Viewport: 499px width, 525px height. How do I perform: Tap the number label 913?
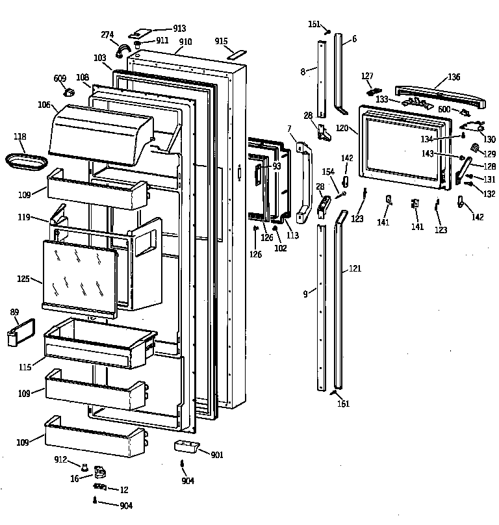[179, 29]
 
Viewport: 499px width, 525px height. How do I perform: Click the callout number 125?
[23, 279]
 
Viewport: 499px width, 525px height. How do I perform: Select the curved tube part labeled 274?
[123, 49]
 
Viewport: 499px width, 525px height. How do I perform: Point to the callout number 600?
[444, 109]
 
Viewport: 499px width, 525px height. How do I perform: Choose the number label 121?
[355, 268]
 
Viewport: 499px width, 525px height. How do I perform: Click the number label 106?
[44, 105]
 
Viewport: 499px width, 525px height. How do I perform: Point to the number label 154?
[328, 171]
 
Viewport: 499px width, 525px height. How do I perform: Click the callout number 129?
[489, 154]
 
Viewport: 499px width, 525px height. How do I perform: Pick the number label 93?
[277, 166]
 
